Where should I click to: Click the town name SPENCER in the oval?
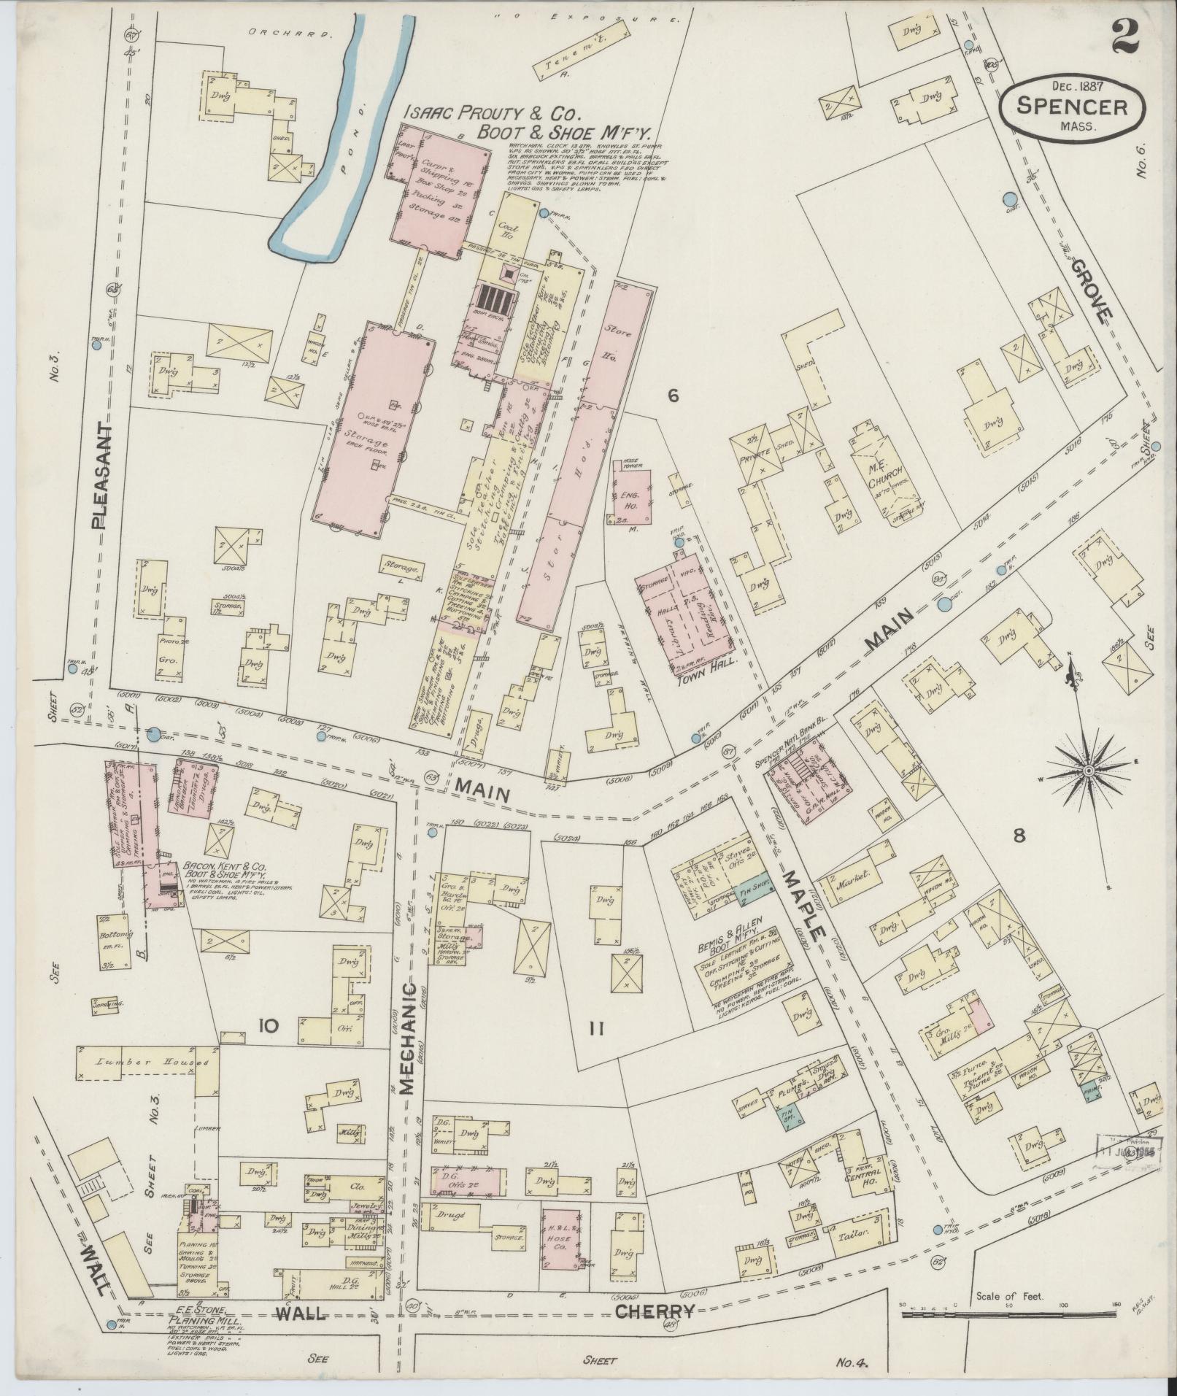pyautogui.click(x=1070, y=108)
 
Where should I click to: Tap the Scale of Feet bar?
pyautogui.click(x=1008, y=1314)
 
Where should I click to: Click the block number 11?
pyautogui.click(x=595, y=1030)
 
